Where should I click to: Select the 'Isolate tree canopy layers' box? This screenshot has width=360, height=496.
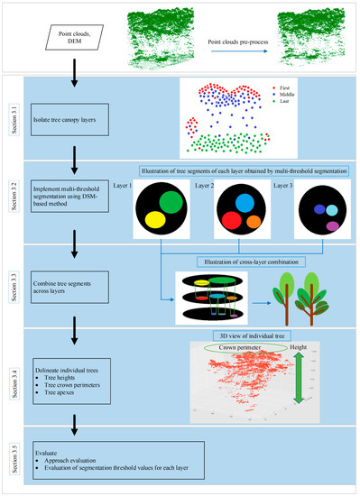pyautogui.click(x=76, y=117)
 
